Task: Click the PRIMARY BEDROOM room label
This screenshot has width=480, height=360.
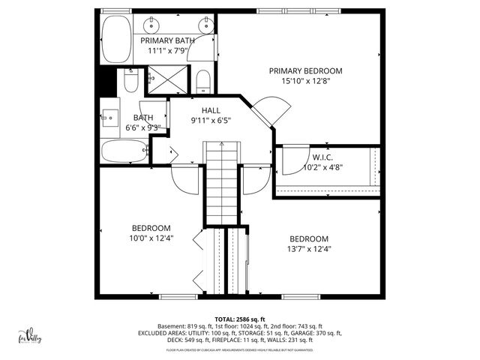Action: coord(300,70)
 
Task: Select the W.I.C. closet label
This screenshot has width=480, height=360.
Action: coord(322,157)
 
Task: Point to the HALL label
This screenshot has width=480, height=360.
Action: coord(210,110)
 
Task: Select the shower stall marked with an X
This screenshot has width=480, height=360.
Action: coord(159,78)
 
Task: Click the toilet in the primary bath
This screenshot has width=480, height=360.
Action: coord(202,81)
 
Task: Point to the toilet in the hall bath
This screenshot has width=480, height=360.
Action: coord(129,82)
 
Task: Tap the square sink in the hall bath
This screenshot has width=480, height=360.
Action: coord(111,117)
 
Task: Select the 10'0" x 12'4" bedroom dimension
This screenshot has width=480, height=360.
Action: coord(151,238)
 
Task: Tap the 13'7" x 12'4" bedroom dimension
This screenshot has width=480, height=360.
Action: coord(310,249)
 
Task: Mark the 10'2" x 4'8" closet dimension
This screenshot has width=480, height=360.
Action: coord(322,167)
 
